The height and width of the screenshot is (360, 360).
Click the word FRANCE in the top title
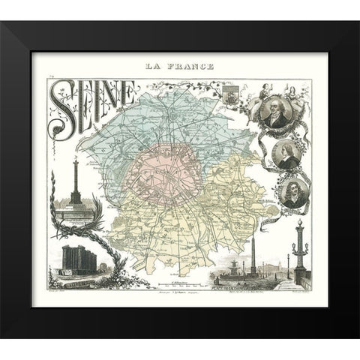pyautogui.click(x=191, y=67)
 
